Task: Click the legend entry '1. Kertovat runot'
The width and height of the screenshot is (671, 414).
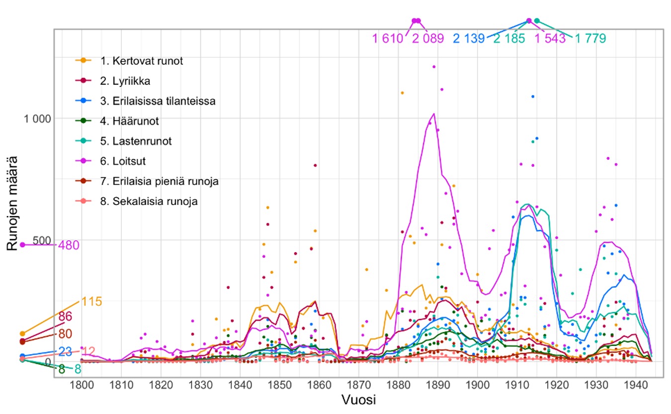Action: [141, 62]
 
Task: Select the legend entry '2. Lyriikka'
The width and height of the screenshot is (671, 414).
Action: [124, 81]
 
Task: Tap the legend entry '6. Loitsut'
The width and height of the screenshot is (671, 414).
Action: [122, 161]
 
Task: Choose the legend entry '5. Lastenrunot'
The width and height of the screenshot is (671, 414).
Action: [135, 141]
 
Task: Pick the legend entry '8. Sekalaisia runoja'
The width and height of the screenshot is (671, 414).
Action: [149, 202]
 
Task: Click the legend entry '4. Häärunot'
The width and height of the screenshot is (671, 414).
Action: [129, 121]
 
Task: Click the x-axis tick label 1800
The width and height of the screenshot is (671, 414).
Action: [82, 386]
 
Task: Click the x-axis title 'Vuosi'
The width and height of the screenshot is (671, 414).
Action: [358, 400]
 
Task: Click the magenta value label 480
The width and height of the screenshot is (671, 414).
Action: [69, 245]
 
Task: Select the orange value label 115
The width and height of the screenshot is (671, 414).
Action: [91, 301]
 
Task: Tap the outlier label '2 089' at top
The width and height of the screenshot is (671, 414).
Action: [427, 38]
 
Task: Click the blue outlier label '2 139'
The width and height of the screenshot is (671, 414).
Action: [469, 38]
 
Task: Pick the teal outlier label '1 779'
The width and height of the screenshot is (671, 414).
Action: [590, 38]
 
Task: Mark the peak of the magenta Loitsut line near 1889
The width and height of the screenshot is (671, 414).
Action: [434, 114]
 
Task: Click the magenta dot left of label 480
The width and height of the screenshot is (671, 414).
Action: [22, 245]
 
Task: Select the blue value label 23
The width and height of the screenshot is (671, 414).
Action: [65, 351]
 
